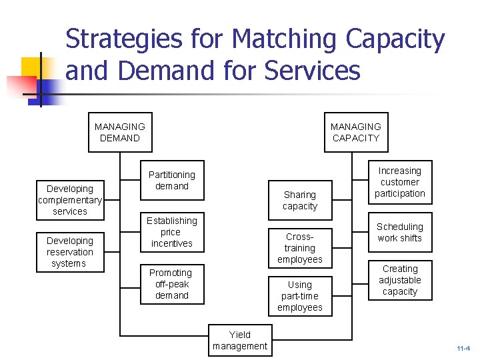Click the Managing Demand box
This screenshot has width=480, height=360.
coord(120,132)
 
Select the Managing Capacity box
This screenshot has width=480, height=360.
coord(355,132)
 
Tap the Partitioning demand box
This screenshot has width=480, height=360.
coord(172,181)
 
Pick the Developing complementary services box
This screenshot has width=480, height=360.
coord(70,199)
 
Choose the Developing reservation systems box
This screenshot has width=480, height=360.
coord(70,252)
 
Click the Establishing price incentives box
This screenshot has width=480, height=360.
coord(172,232)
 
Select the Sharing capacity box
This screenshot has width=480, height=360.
coord(299,200)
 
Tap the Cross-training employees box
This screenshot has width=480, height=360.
coord(299,248)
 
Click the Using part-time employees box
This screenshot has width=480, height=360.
coord(299,296)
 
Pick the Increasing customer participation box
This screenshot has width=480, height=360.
coord(399,182)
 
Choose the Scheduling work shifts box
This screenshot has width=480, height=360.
coord(399,233)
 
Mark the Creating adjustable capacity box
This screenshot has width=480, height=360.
coord(399,280)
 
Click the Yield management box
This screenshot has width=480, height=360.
coord(240,340)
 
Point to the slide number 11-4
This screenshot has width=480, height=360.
coord(463,348)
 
